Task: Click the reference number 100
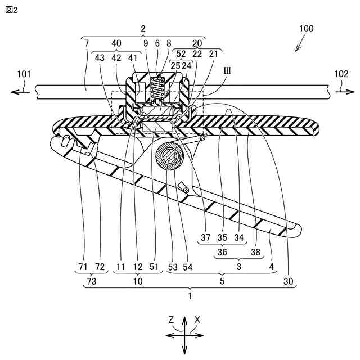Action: point(307,29)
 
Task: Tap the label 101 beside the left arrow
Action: point(24,74)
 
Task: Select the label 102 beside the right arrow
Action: point(341,74)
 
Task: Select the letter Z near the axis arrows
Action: point(171,319)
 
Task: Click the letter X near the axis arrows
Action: point(197,319)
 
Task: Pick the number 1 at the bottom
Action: point(190,294)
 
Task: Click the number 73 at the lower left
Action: point(92,279)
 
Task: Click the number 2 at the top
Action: point(143,28)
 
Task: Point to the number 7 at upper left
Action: point(86,43)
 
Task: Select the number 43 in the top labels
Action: point(100,57)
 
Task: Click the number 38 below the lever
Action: point(256,252)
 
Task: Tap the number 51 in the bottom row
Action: point(154,266)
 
